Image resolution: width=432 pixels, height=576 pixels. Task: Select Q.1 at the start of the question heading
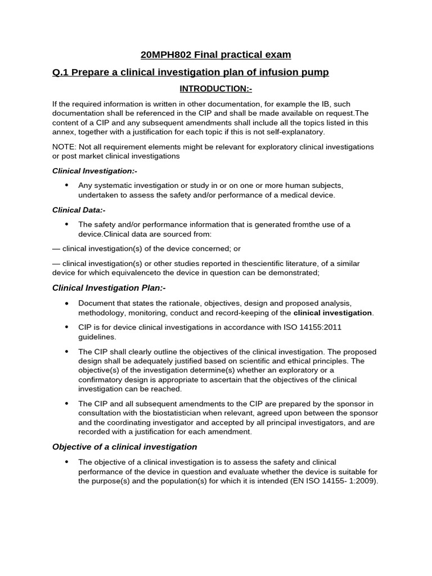tap(61, 72)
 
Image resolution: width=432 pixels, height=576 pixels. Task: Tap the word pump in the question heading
tap(317, 72)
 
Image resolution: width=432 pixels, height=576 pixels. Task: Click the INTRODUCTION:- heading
tap(215, 89)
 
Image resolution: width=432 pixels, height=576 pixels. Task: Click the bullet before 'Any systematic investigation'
tap(67, 185)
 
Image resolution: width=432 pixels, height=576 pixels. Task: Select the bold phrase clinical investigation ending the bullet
tap(332, 313)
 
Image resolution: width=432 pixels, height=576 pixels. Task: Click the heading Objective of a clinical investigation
tap(124, 447)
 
